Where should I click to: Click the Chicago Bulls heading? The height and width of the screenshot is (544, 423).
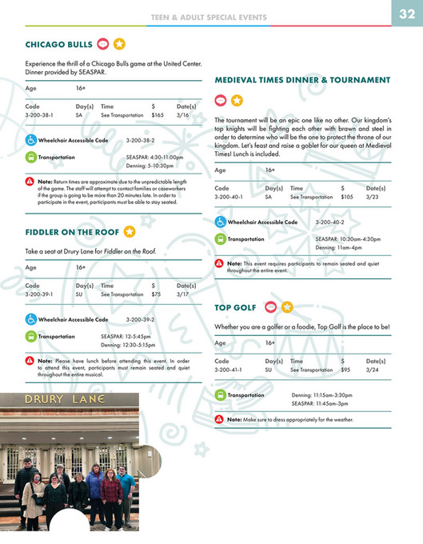click(58, 44)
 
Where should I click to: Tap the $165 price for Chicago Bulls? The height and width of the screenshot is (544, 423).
click(158, 115)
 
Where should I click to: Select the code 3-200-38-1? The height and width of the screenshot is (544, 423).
click(39, 115)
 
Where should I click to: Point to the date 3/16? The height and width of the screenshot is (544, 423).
click(183, 115)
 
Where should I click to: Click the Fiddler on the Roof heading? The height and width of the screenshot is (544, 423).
click(72, 233)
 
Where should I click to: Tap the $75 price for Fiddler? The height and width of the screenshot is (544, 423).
click(156, 294)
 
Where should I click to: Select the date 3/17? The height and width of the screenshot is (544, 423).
click(183, 294)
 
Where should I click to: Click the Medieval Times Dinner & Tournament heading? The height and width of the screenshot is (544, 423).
click(302, 80)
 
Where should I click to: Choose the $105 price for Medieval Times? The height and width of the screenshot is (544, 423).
click(346, 197)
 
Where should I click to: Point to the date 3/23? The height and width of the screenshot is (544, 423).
click(373, 197)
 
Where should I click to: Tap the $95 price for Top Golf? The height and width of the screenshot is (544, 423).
click(345, 370)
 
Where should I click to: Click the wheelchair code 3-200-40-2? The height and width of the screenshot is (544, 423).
click(329, 222)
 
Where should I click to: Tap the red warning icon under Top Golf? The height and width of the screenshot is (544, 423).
click(220, 419)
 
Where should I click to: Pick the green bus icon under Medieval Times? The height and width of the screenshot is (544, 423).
click(220, 239)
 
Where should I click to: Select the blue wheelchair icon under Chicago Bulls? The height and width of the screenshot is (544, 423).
click(30, 140)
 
